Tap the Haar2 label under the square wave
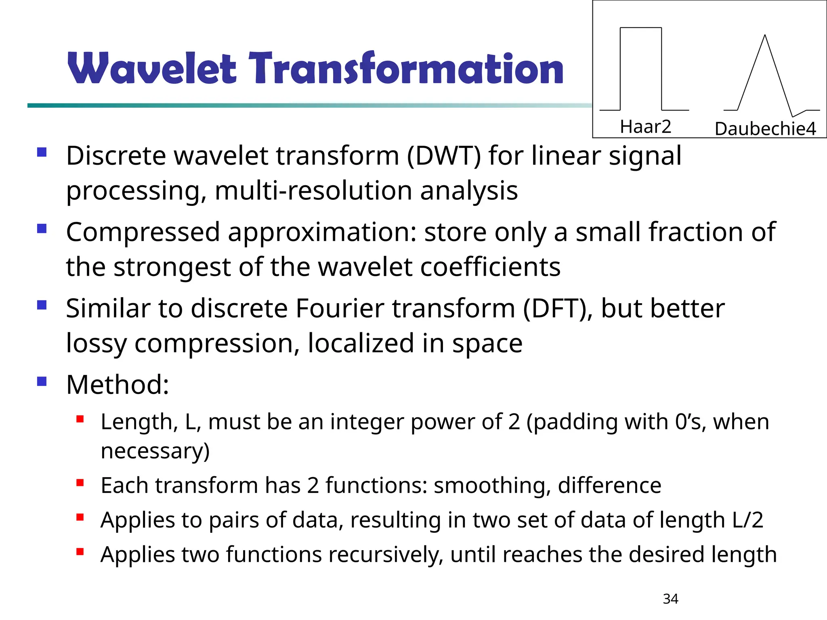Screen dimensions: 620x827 (645, 127)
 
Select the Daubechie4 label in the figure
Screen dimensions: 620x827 (765, 129)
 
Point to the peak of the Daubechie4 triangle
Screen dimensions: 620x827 (765, 36)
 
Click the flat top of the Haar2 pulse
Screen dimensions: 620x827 (640, 28)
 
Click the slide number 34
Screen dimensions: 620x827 (670, 599)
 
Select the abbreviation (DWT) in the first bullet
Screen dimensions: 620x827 (444, 156)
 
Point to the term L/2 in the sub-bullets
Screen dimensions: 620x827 (747, 520)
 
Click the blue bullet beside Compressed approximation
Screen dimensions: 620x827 (42, 229)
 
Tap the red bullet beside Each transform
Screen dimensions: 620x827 (80, 483)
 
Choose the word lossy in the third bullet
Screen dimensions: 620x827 (96, 344)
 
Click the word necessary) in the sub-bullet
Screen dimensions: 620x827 (155, 451)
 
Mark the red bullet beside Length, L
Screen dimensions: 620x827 (80, 419)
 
